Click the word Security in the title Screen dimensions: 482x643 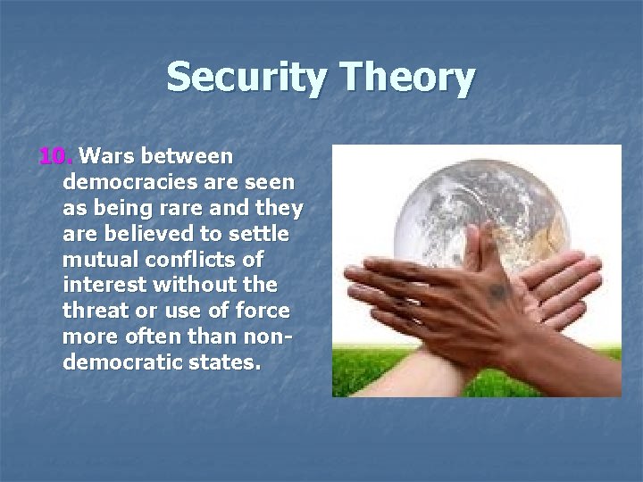[240, 78]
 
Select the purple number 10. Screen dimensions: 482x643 [55, 157]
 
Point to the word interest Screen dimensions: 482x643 [100, 287]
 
